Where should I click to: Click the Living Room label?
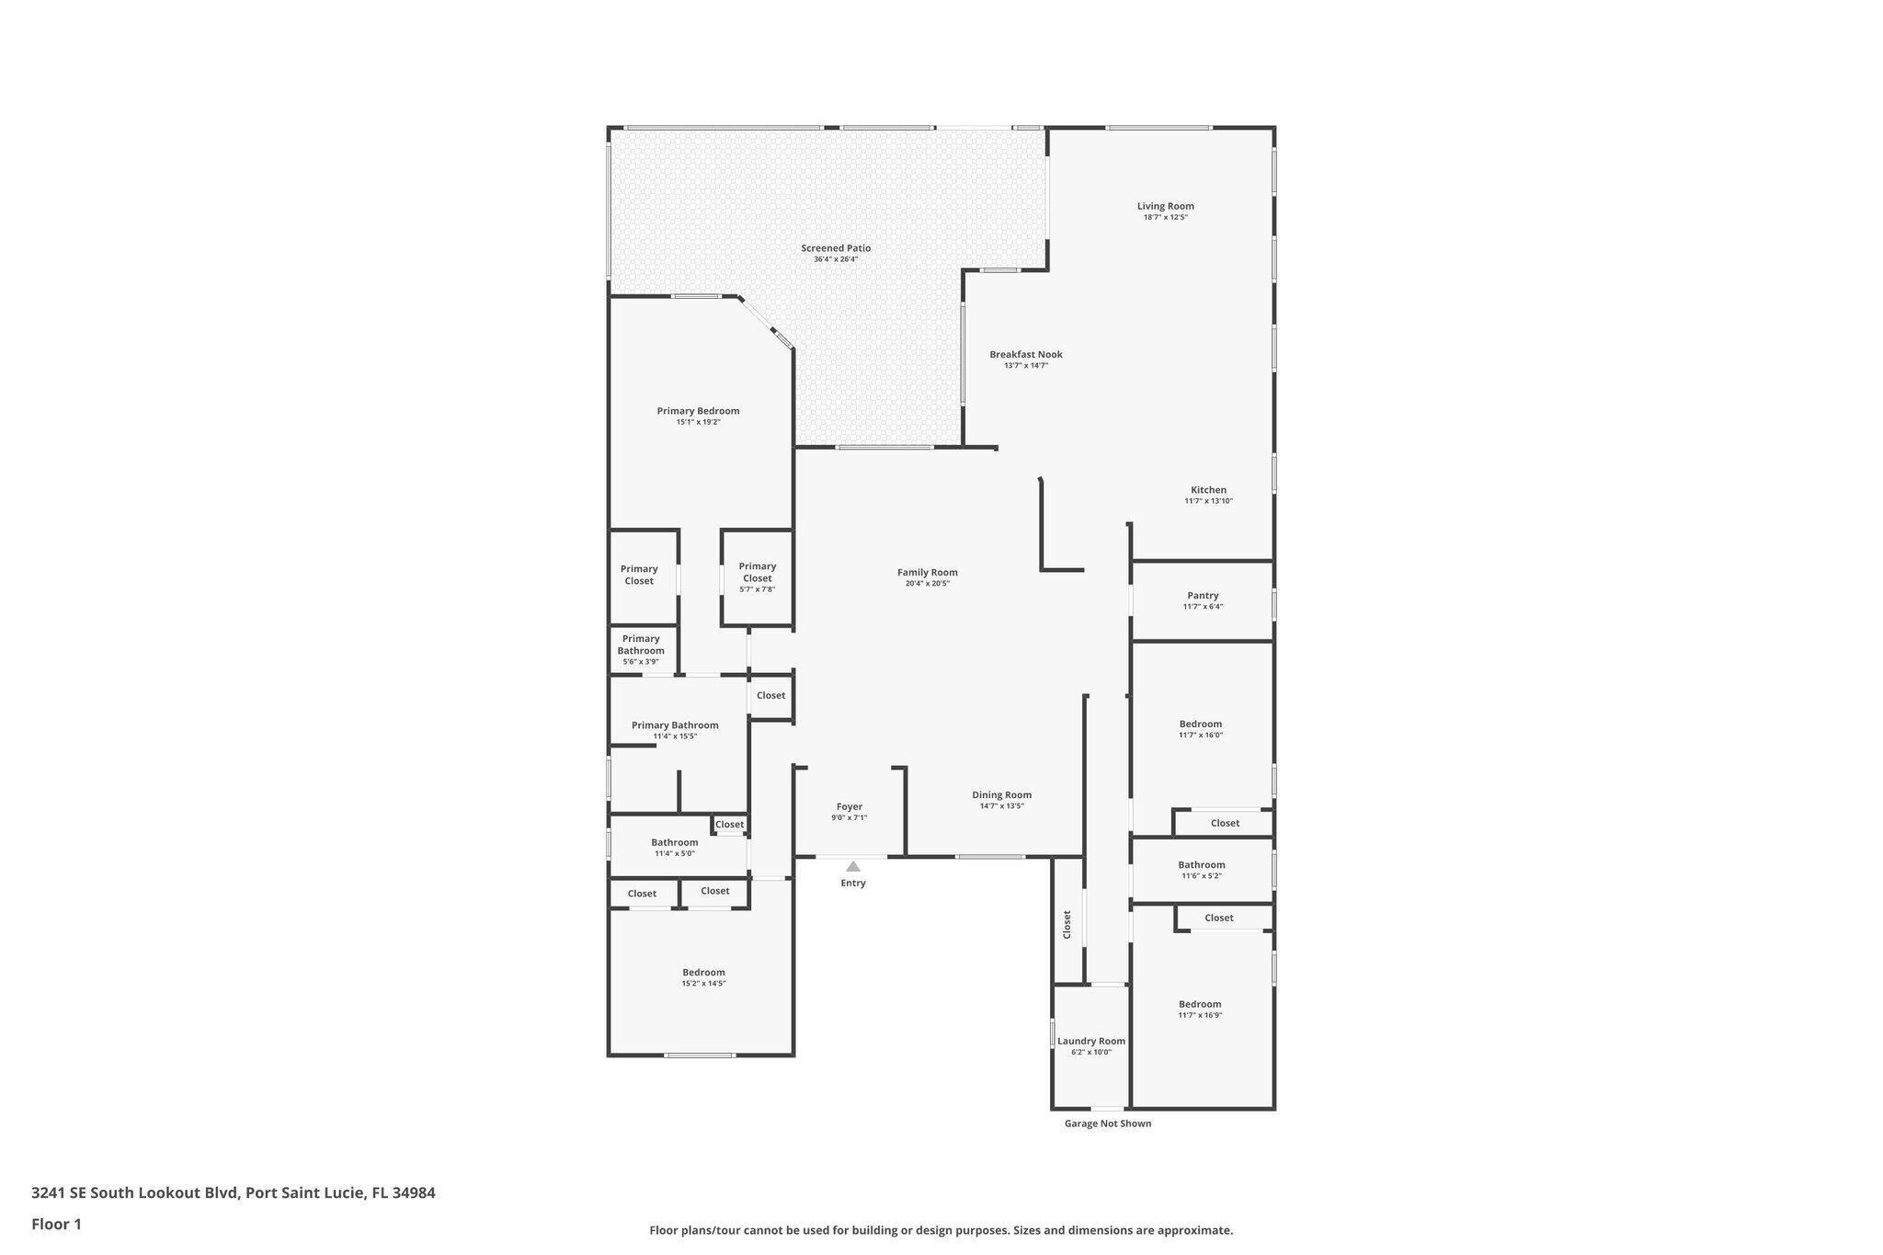pos(1165,207)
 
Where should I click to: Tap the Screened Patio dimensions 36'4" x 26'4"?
pos(835,259)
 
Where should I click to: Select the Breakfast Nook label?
pos(1025,355)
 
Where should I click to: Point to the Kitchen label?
pos(1208,490)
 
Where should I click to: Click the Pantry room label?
pos(1203,596)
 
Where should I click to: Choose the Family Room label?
pos(927,573)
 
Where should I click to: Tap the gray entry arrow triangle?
pos(853,866)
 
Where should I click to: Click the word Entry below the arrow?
pos(853,884)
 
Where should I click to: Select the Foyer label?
pos(849,807)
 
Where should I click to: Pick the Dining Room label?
pos(1001,795)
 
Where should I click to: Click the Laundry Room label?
pos(1090,1042)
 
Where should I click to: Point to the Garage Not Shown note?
pos(1107,1124)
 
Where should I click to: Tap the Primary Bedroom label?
pos(698,411)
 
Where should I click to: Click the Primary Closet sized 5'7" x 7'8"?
pos(757,573)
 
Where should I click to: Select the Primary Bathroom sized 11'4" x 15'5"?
pos(675,725)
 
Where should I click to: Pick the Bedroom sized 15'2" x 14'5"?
pos(703,973)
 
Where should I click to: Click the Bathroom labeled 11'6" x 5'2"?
pos(1201,865)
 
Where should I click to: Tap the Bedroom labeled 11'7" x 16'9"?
pos(1200,1005)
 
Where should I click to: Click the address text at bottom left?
pos(234,1193)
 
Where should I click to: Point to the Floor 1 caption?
pos(56,1225)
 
